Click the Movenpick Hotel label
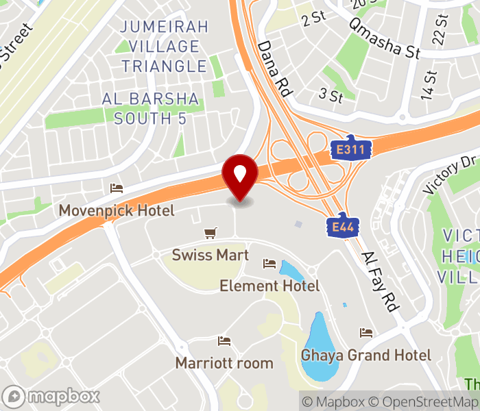[117, 210]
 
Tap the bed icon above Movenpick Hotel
[117, 188]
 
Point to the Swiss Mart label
[211, 255]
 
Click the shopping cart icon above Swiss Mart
[211, 234]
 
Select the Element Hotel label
[269, 286]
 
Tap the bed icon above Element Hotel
[269, 264]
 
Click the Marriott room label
[224, 363]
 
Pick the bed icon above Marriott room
[224, 340]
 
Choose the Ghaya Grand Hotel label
[366, 356]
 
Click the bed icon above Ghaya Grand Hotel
[366, 333]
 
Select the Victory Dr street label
[450, 174]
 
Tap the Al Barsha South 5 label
[150, 108]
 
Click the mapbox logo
[51, 396]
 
